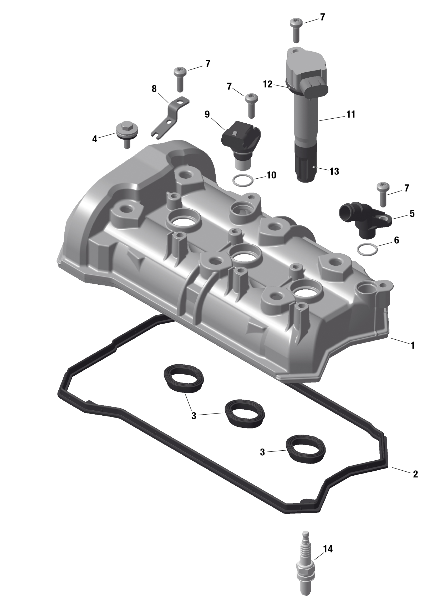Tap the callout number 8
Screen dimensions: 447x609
tap(154, 89)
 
